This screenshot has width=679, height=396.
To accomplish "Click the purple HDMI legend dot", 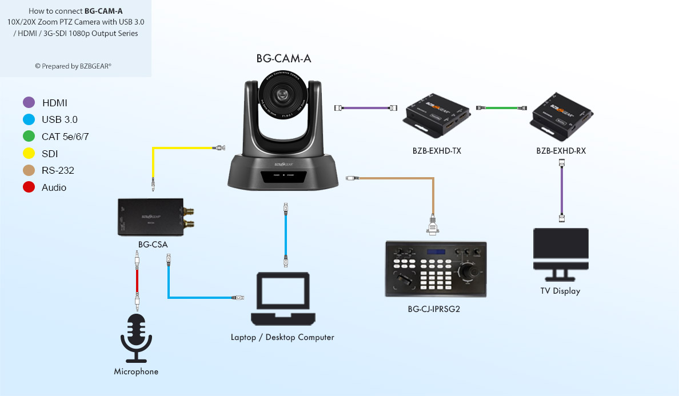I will (x=29, y=103).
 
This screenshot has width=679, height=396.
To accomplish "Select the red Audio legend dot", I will (x=29, y=187).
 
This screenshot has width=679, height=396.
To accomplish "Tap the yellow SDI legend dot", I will (x=29, y=154).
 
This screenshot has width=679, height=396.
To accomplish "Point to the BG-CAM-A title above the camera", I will (x=283, y=58).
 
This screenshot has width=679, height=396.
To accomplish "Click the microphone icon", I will (x=136, y=337).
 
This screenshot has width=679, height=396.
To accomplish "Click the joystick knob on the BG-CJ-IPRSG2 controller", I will (x=469, y=272).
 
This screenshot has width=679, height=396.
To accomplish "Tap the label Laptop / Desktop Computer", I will (x=282, y=337).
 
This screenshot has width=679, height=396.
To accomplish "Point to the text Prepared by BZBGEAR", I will (x=73, y=66).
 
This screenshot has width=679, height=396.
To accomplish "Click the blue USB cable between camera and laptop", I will (x=285, y=234).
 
